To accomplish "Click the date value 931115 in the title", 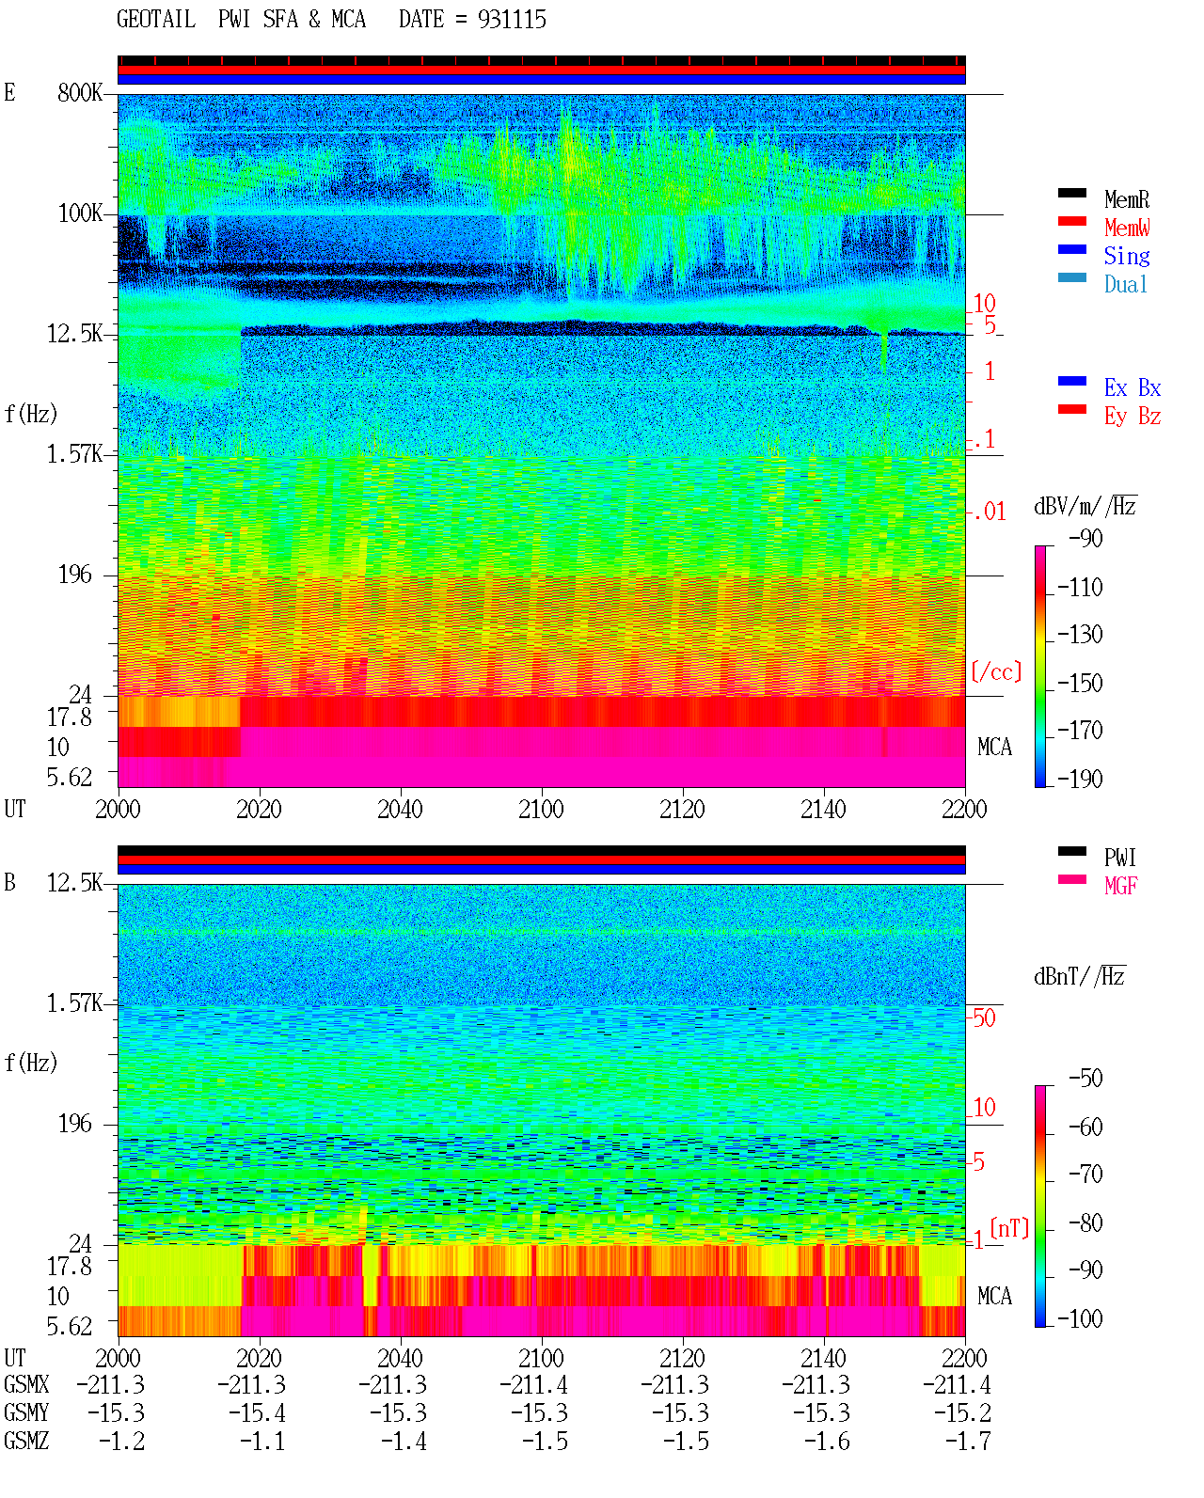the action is tap(512, 20).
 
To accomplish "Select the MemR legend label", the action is tap(1127, 199).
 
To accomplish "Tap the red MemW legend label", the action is tap(1127, 228).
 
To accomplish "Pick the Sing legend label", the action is tap(1127, 256).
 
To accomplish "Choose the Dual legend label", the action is tap(1126, 284).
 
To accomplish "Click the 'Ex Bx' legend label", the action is tap(1133, 387).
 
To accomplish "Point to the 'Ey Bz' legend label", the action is tap(1133, 417).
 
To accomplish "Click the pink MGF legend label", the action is tap(1121, 886).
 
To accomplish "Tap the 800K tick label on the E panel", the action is tap(79, 92).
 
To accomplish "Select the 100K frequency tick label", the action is tap(79, 213).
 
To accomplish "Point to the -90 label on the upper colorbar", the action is tap(1086, 538).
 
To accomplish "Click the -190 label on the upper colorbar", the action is tap(1081, 779).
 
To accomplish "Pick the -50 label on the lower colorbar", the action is tap(1086, 1079).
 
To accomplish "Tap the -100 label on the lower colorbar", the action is tap(1081, 1318).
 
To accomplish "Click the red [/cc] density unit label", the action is tap(996, 671).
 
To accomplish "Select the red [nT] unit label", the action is tap(1009, 1228).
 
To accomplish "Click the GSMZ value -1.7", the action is tap(968, 1442).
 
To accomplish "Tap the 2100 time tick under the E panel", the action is tap(541, 810).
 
